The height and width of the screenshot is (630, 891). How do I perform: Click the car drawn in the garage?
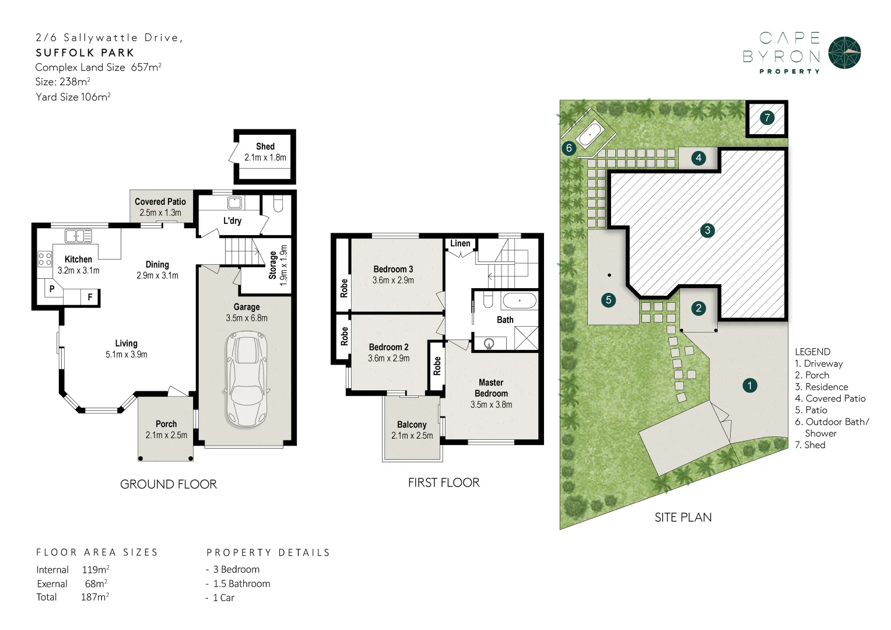[x=247, y=380]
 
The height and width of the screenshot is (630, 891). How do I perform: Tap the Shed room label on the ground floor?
[x=265, y=146]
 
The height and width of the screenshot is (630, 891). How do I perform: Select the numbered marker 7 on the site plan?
[x=767, y=118]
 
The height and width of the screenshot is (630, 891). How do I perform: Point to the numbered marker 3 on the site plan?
[x=707, y=230]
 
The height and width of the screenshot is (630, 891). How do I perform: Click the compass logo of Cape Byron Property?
[x=844, y=53]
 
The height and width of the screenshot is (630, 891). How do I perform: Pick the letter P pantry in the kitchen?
[x=52, y=289]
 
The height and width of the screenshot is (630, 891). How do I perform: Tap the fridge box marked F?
[x=90, y=297]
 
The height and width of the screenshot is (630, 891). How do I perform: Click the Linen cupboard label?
[x=460, y=243]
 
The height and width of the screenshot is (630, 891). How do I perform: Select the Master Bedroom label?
[x=491, y=388]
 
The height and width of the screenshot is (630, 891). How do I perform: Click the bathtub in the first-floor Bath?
[x=520, y=301]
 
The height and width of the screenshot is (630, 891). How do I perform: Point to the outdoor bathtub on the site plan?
[x=590, y=134]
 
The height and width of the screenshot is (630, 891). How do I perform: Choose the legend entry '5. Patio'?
[x=811, y=410]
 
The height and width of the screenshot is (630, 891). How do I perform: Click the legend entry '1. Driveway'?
[x=819, y=363]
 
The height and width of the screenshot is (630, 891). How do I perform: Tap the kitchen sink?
[x=78, y=236]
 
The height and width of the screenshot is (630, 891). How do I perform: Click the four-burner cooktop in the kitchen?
[x=44, y=258]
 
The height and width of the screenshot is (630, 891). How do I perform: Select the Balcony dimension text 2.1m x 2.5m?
[x=412, y=436]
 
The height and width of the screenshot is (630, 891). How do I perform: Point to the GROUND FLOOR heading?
[x=169, y=484]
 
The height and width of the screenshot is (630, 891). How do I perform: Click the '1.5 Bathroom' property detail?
[x=241, y=583]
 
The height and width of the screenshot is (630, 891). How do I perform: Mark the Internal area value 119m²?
[x=96, y=569]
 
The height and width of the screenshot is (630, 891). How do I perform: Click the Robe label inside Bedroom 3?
[x=344, y=288]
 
